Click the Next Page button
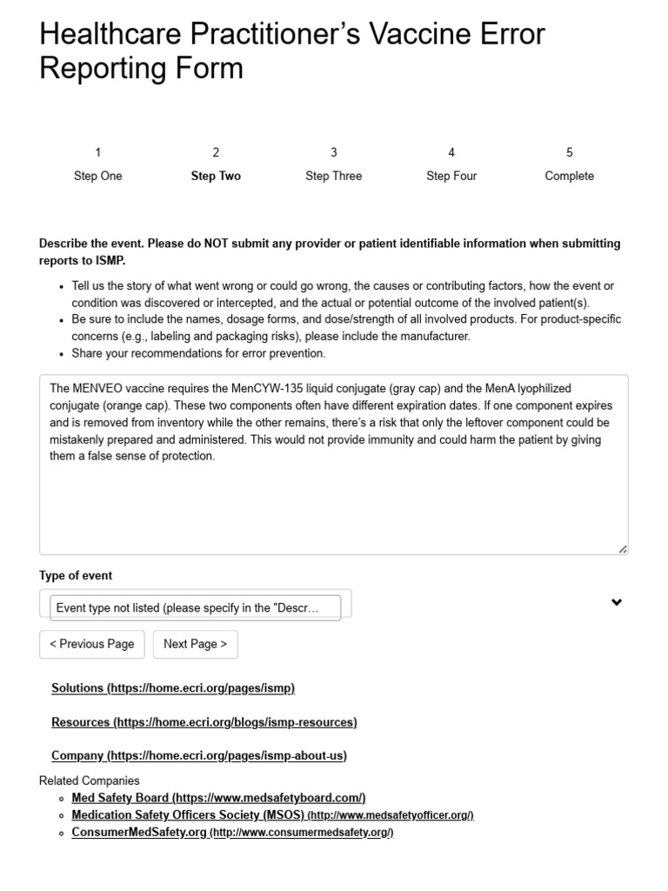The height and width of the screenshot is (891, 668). (x=195, y=644)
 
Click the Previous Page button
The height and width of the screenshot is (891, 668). (x=91, y=644)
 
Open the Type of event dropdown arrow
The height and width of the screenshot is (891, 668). (x=617, y=602)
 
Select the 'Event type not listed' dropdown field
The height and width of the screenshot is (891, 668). (x=187, y=608)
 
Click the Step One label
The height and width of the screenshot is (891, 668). (x=98, y=176)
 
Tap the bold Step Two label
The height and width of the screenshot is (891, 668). (x=216, y=176)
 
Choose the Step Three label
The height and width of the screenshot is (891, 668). (x=334, y=176)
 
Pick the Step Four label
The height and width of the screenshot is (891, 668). (x=451, y=176)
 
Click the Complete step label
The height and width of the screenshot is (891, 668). (x=569, y=176)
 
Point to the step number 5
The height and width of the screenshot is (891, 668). (x=570, y=152)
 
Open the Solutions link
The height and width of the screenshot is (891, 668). (x=173, y=688)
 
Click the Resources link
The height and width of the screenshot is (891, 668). (x=204, y=722)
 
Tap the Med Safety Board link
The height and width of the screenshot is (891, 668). (x=218, y=798)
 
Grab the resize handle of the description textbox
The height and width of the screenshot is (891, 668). (x=623, y=549)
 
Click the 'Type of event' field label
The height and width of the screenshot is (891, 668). (x=76, y=576)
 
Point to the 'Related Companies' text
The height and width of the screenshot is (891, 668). (x=89, y=780)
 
